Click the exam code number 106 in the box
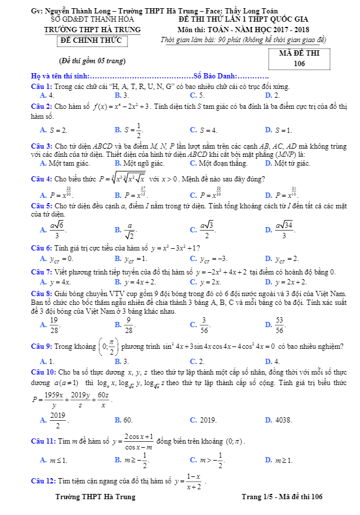point(299,63)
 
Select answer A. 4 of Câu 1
point(47,95)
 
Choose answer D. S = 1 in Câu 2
point(278,130)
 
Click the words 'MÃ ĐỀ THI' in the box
point(299,52)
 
